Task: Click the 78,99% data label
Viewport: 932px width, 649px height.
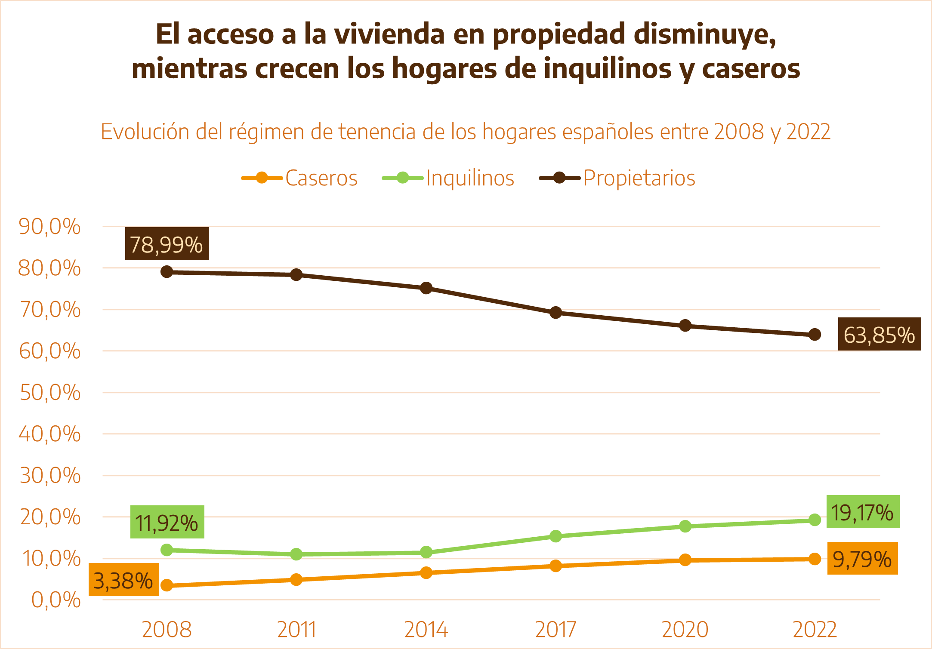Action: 167,244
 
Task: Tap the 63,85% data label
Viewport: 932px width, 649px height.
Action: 879,334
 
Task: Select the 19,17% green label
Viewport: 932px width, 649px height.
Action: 862,512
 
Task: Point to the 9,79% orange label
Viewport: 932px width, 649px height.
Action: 862,558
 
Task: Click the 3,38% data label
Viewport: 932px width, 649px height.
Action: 123,580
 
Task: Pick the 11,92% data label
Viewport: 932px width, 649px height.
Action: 167,522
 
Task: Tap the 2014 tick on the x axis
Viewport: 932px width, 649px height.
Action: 426,629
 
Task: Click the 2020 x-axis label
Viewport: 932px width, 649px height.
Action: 685,629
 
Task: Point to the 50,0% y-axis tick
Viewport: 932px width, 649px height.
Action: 50,393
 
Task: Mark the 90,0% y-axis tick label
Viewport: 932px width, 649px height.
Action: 50,226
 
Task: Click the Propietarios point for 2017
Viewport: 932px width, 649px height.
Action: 555,313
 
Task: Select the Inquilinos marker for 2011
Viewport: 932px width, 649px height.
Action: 296,554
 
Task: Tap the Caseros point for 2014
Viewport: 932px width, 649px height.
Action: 426,573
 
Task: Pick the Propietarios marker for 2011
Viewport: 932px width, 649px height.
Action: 296,274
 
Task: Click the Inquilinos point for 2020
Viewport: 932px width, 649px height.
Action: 685,526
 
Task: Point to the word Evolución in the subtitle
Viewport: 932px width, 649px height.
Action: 145,132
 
